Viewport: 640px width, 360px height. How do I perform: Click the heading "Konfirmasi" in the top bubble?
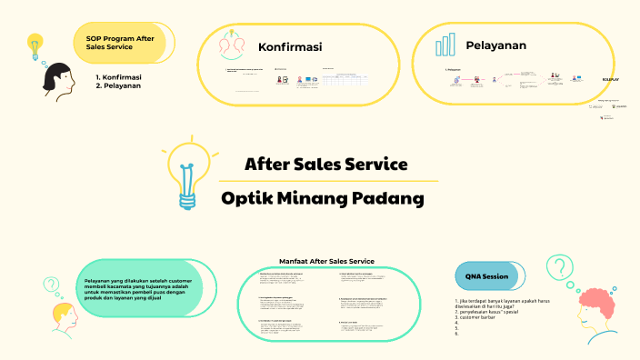point(290,46)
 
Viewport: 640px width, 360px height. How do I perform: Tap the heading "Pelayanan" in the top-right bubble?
point(495,45)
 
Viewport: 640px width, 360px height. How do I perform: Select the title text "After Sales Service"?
point(325,165)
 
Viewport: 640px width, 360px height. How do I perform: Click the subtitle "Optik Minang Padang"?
point(323,197)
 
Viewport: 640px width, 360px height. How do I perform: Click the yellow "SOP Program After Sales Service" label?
point(119,45)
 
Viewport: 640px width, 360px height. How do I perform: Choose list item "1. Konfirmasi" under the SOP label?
point(118,77)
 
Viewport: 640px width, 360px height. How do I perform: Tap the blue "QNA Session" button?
point(485,275)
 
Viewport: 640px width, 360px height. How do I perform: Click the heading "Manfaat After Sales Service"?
point(326,260)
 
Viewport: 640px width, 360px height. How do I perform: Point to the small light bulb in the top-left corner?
point(35,45)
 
